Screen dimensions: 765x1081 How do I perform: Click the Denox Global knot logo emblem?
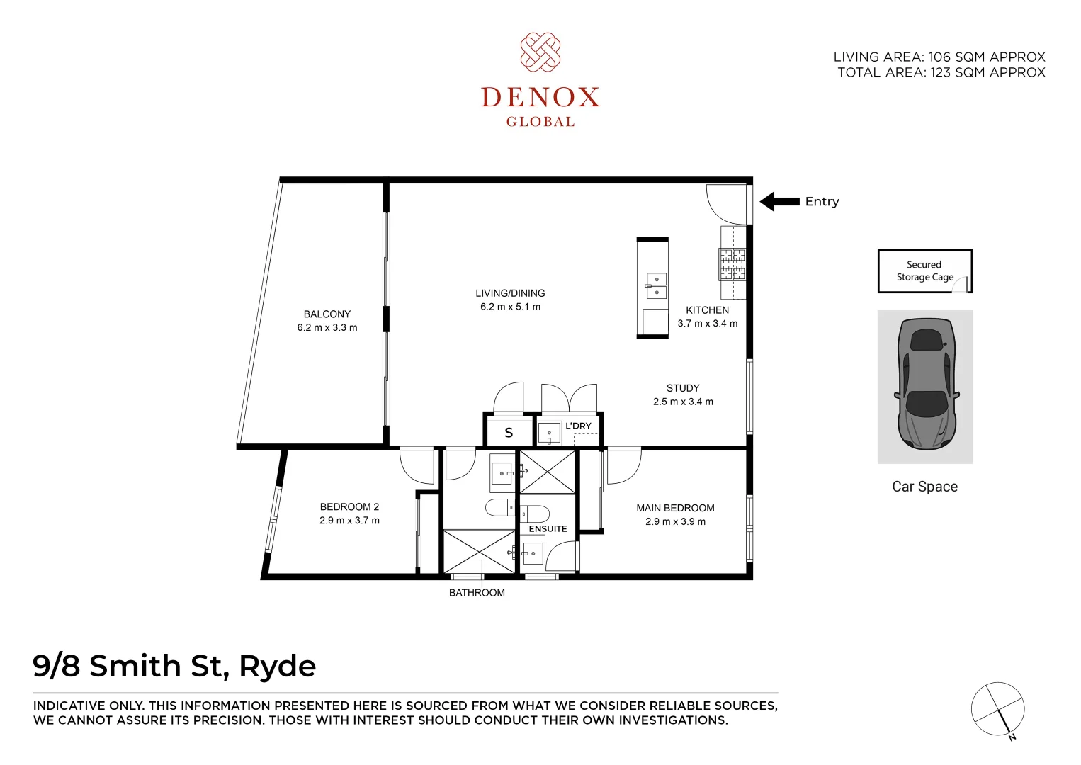(x=540, y=52)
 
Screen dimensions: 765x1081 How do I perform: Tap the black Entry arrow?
(x=780, y=202)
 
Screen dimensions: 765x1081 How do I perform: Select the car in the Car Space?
(x=926, y=384)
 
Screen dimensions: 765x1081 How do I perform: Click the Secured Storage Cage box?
(x=924, y=271)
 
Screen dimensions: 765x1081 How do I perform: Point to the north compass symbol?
(x=997, y=709)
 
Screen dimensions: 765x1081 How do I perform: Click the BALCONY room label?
(x=327, y=314)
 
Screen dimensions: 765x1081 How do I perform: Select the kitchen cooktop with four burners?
(x=732, y=263)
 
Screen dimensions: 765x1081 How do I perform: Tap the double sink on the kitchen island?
(x=656, y=285)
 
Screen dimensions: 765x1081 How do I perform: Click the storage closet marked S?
(x=509, y=432)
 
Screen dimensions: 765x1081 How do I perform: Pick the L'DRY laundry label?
(x=578, y=426)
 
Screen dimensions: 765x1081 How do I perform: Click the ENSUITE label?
(x=548, y=528)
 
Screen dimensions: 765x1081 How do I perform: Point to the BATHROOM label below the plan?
(x=477, y=593)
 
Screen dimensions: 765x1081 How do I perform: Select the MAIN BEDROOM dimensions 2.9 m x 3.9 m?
(x=675, y=521)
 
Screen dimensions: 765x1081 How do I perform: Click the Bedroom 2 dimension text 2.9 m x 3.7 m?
(x=349, y=520)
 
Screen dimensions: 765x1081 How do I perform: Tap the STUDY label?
(x=683, y=388)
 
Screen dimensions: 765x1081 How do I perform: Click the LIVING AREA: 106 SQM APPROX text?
(x=939, y=57)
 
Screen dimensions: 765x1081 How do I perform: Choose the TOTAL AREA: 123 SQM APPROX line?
(x=941, y=72)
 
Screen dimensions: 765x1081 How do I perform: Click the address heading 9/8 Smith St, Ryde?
(x=175, y=666)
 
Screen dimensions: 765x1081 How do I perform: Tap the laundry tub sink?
(x=549, y=432)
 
